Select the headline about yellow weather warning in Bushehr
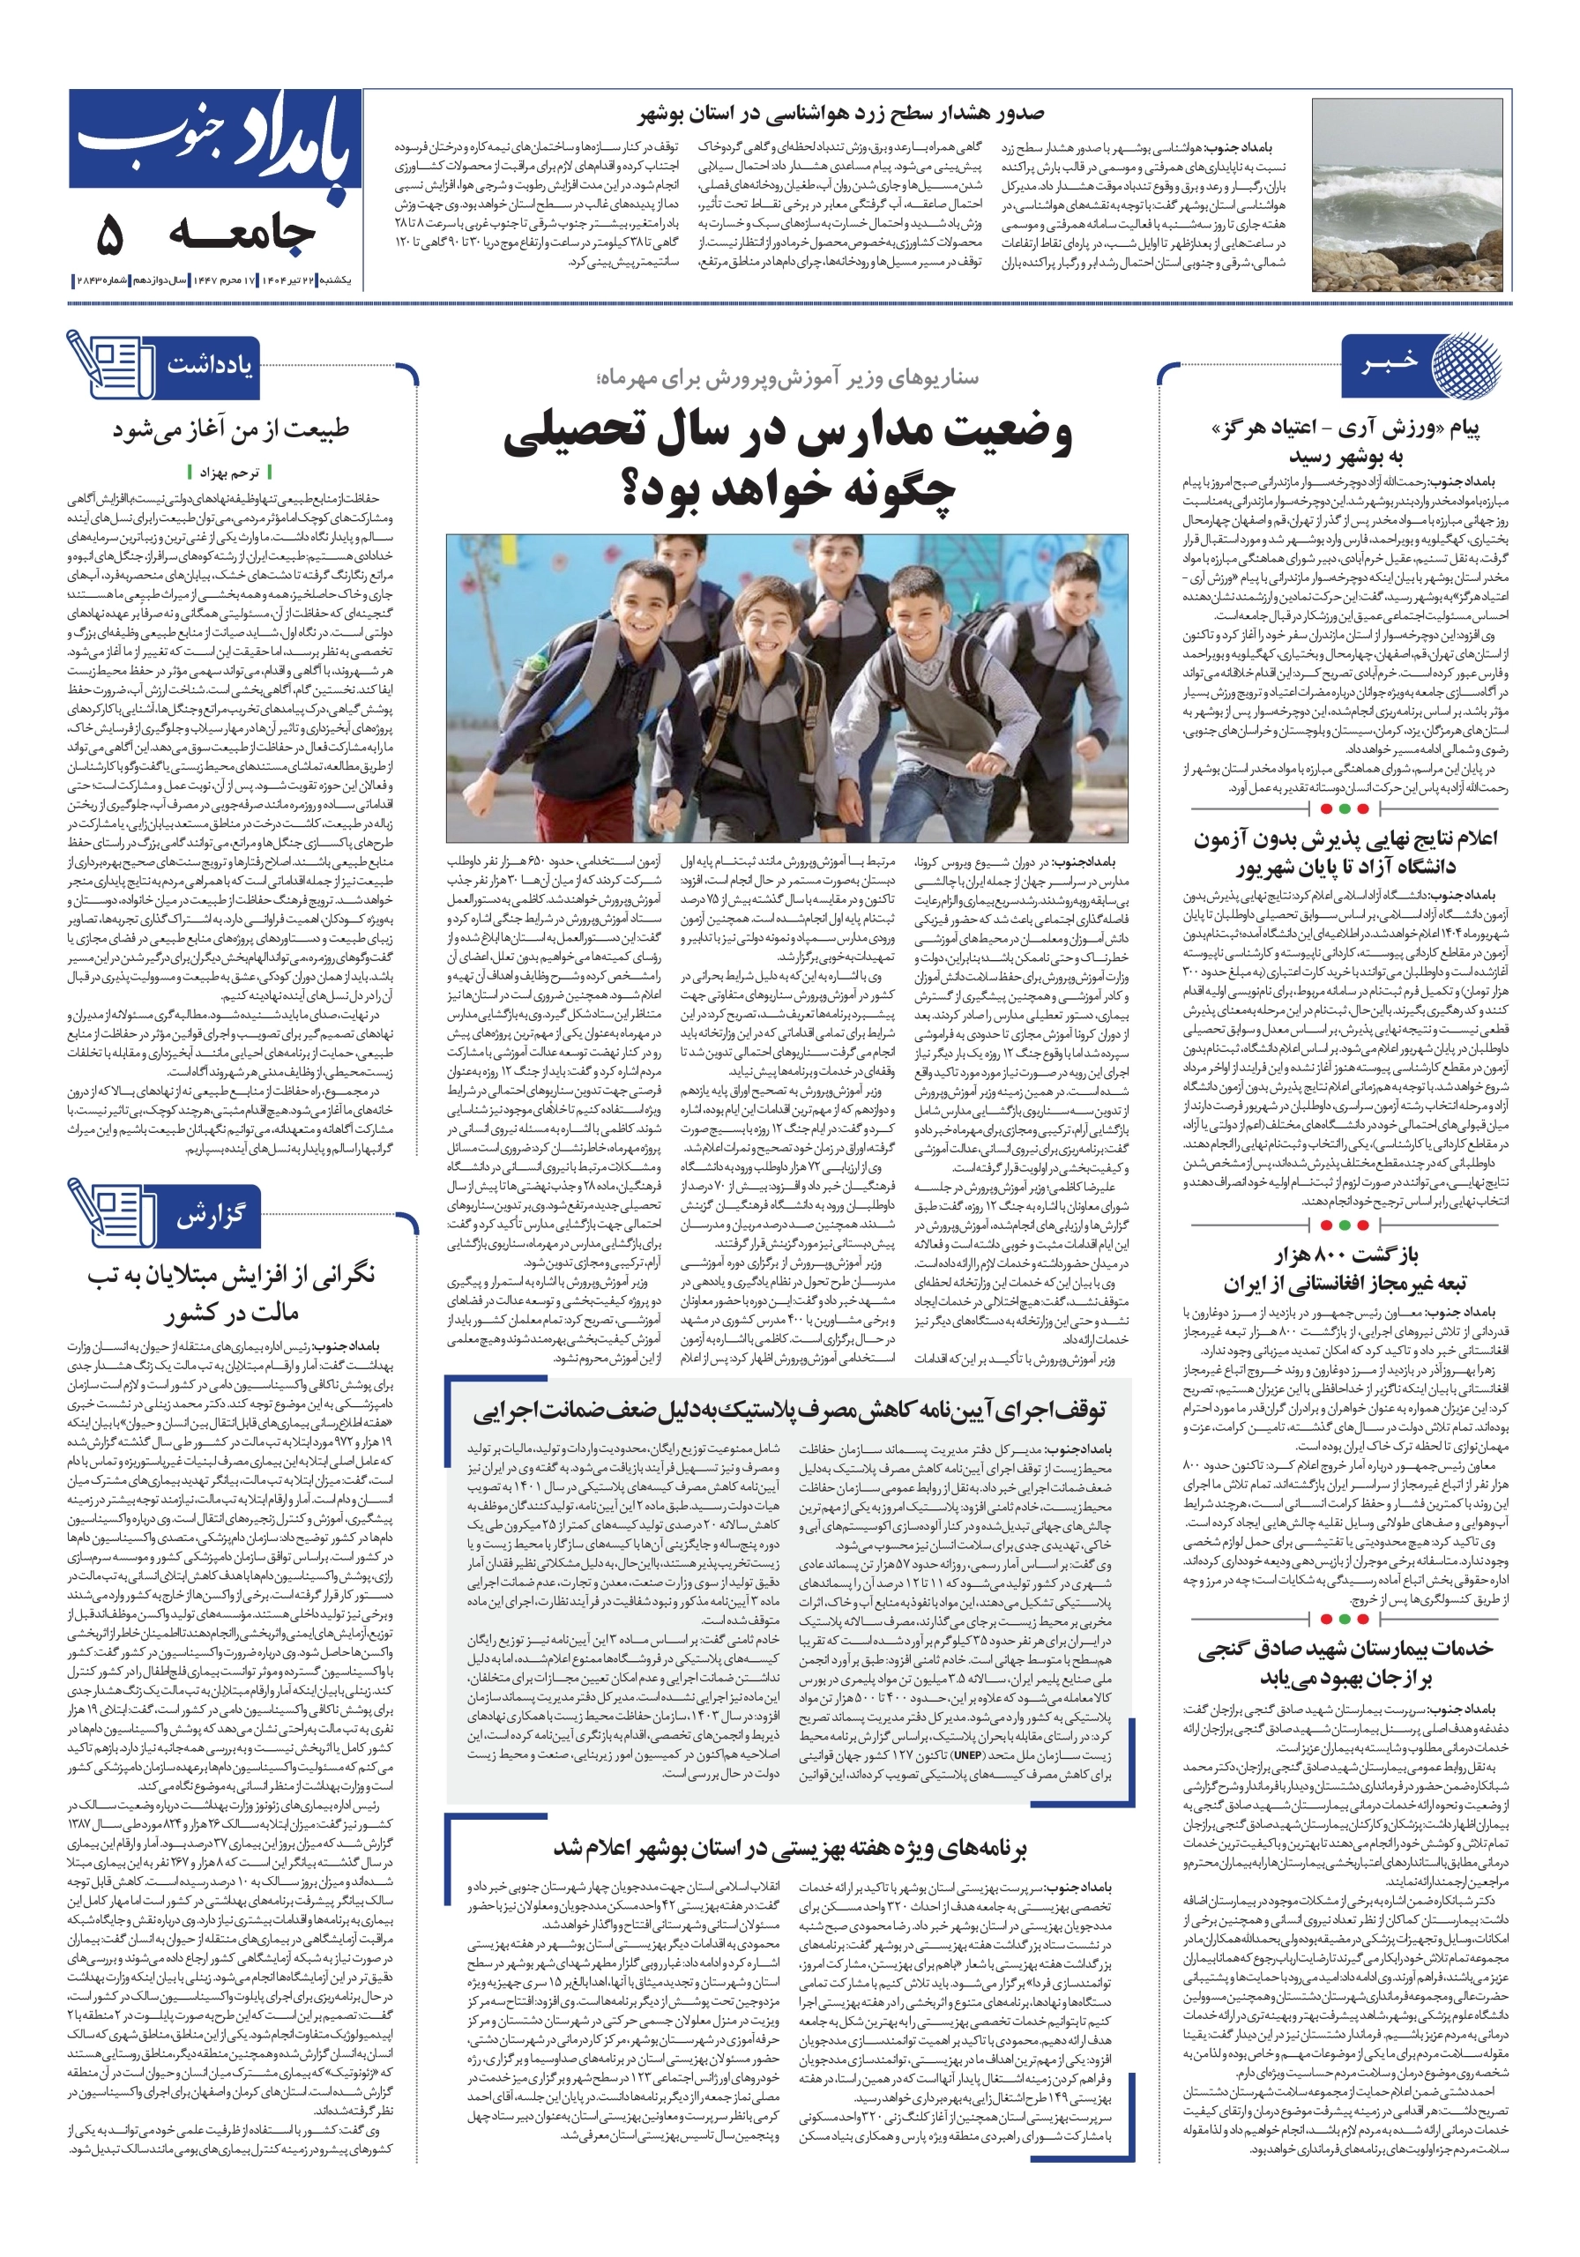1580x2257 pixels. coord(840,115)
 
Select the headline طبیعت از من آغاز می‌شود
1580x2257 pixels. coord(230,429)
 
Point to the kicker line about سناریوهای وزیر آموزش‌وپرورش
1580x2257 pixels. coord(786,377)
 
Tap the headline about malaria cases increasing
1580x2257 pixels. coord(230,1292)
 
